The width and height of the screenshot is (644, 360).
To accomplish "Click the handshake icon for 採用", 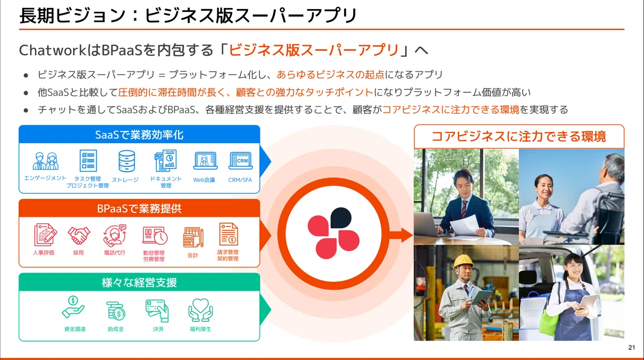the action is click(79, 235).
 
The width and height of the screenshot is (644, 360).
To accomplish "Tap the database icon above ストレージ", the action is click(127, 161).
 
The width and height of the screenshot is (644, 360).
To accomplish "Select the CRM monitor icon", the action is click(240, 160).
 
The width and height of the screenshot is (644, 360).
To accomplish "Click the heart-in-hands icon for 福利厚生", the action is click(200, 310).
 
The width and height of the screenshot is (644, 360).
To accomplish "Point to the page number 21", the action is click(632, 348).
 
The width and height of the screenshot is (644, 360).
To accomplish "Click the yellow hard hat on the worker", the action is click(463, 261).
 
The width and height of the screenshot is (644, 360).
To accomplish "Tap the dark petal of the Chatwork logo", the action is click(341, 217).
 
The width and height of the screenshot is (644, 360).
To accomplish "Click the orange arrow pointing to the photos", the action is click(400, 235).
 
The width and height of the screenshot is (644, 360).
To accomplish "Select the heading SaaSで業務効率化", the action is click(139, 135).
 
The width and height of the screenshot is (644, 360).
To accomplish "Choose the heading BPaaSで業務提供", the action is click(139, 209).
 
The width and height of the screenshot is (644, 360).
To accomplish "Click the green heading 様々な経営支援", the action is click(139, 283).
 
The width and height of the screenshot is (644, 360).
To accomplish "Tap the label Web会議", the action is click(204, 180).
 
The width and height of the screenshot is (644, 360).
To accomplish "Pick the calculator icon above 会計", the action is click(193, 238).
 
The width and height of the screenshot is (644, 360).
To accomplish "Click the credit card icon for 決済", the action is click(157, 311).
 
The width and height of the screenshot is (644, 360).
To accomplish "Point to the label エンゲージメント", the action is click(45, 178).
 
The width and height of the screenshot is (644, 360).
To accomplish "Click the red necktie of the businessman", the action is click(464, 209).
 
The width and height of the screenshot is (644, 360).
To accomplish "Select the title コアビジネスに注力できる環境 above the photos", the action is click(519, 136).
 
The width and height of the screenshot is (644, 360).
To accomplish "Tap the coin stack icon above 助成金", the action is click(115, 311).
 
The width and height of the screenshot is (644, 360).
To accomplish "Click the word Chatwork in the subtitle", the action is click(53, 50).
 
